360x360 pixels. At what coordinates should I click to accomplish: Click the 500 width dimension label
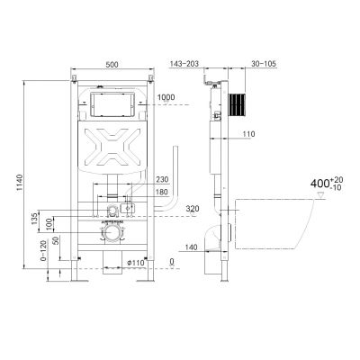tap(112, 64)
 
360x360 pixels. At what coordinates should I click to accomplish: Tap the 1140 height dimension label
tap(19, 182)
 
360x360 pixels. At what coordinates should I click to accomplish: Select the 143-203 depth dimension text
tap(184, 64)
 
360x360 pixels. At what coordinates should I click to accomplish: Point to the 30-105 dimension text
tap(264, 64)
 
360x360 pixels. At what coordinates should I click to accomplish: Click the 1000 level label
tap(166, 97)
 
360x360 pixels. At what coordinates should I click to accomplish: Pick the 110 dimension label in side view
tap(248, 134)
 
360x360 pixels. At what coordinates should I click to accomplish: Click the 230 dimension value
tap(162, 179)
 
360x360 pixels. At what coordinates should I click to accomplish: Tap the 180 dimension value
tap(162, 192)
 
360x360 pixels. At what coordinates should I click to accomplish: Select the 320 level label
tap(193, 209)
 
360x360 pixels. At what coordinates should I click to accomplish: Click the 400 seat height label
tap(327, 183)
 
